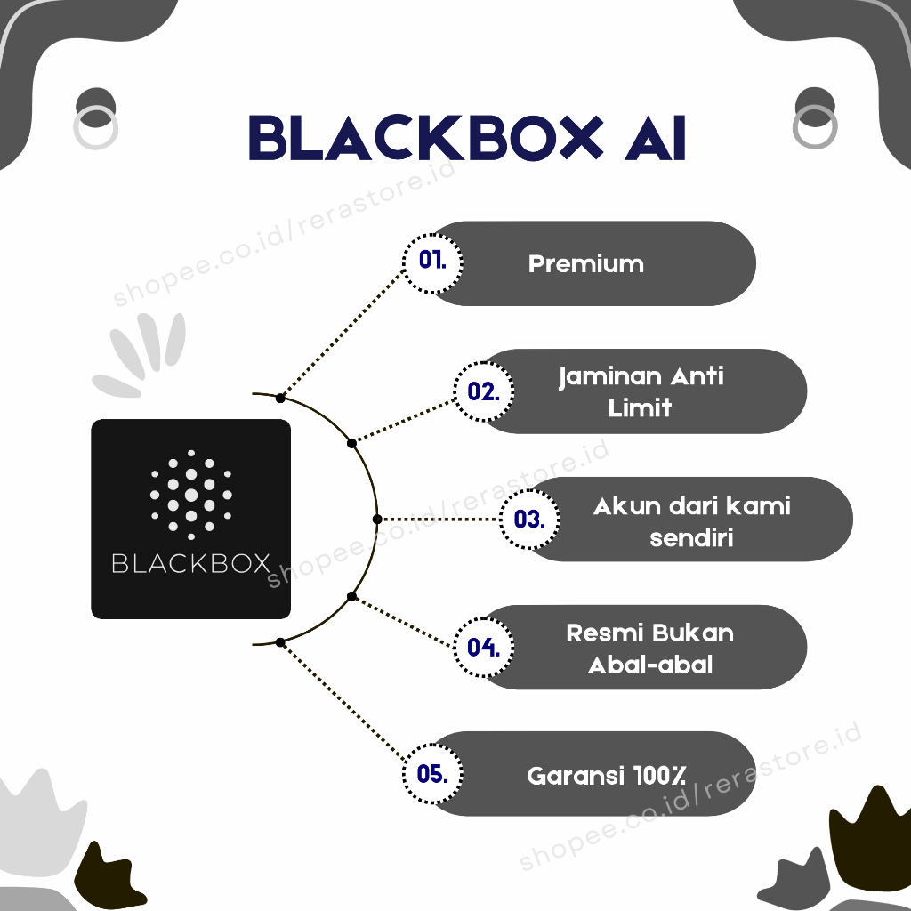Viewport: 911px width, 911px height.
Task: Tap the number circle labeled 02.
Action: (x=483, y=391)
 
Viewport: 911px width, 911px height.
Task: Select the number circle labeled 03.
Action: (x=529, y=519)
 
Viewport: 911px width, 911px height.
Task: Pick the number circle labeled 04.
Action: (x=483, y=647)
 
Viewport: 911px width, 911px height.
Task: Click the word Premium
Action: (x=585, y=264)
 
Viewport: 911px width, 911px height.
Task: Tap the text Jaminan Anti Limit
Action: (x=641, y=391)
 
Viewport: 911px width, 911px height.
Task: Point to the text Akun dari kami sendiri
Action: (x=691, y=520)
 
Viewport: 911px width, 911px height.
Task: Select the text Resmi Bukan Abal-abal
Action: (x=649, y=648)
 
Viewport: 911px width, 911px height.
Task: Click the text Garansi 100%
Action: (x=606, y=775)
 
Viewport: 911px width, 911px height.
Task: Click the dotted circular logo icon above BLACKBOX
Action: (x=190, y=495)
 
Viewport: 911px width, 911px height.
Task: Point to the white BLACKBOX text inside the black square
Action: (x=190, y=563)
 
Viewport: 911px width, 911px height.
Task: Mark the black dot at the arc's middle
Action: (x=376, y=519)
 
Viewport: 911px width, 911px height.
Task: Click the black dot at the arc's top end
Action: (x=280, y=398)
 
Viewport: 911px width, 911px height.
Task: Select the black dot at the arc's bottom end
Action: (x=280, y=641)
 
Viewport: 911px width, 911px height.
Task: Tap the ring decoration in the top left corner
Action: (x=94, y=127)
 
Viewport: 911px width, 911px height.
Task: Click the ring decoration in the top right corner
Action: (x=814, y=127)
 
